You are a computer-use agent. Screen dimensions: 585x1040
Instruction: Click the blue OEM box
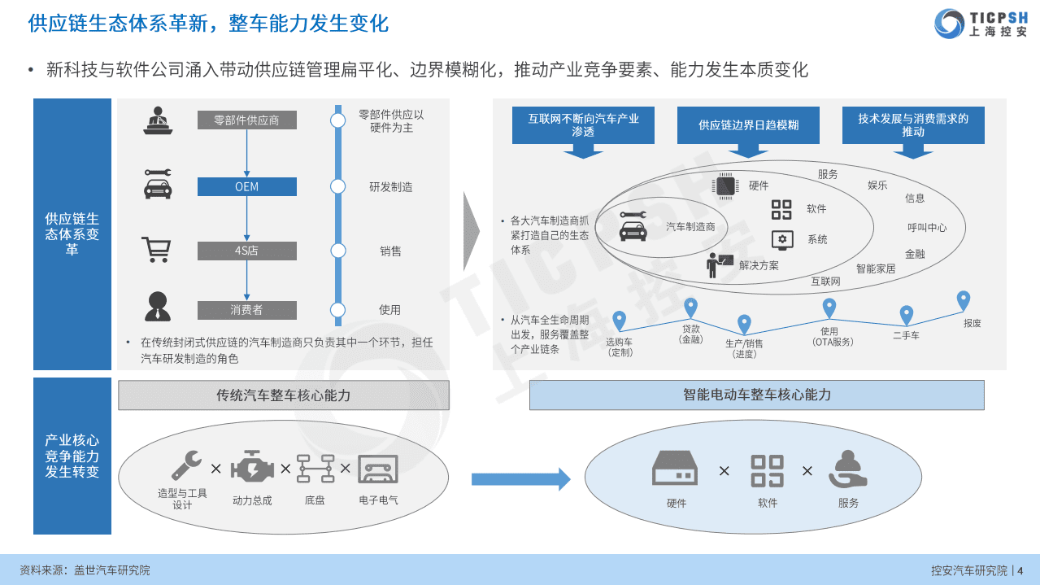tap(246, 187)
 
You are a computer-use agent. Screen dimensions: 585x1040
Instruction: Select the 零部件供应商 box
tap(246, 120)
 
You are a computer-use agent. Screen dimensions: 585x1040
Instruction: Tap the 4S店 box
tap(246, 251)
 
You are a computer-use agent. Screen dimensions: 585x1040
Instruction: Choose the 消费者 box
tap(246, 310)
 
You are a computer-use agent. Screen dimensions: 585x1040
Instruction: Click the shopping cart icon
tap(155, 250)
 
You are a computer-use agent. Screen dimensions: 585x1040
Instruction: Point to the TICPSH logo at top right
tap(981, 23)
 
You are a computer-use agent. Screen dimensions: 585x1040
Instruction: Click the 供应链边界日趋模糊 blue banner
tap(748, 125)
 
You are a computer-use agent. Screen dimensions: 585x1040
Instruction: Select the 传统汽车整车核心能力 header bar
tap(283, 395)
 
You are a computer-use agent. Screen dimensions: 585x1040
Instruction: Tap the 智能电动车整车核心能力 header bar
tap(756, 395)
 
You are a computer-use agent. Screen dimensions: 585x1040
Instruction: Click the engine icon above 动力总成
tap(250, 469)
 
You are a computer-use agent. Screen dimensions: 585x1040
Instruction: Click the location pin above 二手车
tap(906, 315)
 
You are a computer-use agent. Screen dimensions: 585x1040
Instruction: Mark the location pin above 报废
tap(964, 301)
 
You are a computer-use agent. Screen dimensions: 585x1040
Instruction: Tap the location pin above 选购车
tap(619, 321)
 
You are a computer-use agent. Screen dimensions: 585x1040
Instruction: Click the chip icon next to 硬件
tap(725, 186)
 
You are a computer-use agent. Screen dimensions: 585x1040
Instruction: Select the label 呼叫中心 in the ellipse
tap(927, 228)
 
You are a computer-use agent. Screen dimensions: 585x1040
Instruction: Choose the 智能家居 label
tap(875, 268)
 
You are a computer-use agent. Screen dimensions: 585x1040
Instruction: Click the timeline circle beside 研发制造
tap(337, 187)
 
